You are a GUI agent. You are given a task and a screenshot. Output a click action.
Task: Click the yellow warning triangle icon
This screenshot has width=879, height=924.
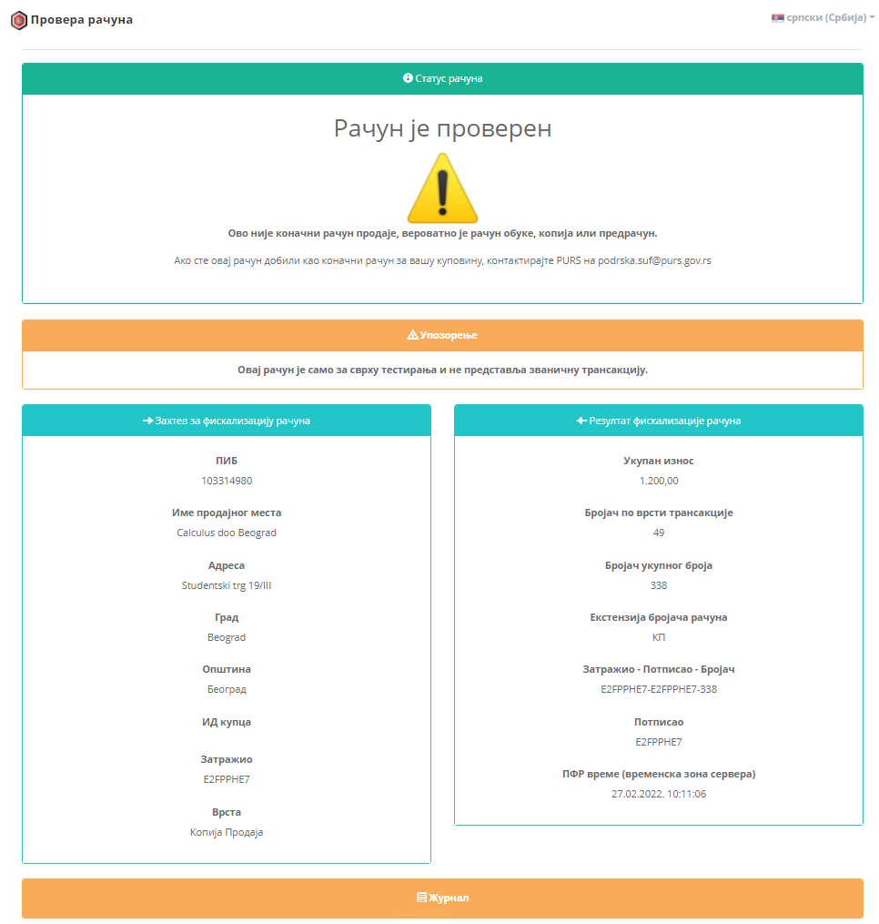[x=442, y=188]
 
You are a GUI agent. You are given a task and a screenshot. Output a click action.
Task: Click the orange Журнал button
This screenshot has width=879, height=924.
[x=442, y=898]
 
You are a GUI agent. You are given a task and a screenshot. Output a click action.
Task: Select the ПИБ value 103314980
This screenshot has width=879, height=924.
[x=227, y=481]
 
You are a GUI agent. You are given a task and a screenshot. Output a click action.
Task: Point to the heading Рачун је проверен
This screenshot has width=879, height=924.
[x=442, y=128]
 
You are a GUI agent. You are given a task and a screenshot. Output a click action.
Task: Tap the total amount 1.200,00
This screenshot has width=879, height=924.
[x=659, y=481]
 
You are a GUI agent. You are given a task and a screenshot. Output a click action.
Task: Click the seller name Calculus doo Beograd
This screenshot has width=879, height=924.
[x=227, y=533]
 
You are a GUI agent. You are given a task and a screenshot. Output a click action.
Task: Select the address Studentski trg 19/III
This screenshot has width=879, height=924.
[x=227, y=585]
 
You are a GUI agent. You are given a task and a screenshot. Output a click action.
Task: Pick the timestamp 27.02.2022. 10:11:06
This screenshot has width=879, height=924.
[x=659, y=794]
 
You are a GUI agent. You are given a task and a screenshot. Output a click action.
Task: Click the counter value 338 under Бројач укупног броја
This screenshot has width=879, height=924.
[x=659, y=585]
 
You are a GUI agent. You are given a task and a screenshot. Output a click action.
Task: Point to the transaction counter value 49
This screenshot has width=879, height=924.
[x=659, y=533]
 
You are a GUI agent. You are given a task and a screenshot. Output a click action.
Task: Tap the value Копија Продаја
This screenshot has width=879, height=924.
[x=227, y=832]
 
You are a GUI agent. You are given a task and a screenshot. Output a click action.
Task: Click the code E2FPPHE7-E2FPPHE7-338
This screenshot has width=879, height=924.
[x=659, y=689]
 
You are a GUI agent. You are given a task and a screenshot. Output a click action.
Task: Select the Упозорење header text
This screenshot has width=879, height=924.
[x=442, y=335]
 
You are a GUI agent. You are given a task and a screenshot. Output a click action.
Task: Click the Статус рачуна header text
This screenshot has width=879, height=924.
[x=442, y=78]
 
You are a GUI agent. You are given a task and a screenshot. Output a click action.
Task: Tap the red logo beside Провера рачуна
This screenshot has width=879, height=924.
[x=18, y=20]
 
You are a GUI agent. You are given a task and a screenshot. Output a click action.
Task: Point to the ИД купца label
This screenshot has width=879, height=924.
[x=227, y=722]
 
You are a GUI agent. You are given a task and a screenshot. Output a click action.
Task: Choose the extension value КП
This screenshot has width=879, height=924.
[x=659, y=637]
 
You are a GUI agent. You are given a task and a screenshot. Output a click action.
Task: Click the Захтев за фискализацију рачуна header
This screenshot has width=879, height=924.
[x=227, y=421]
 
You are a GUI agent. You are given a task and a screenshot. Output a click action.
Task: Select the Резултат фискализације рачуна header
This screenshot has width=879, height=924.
[x=659, y=421]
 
